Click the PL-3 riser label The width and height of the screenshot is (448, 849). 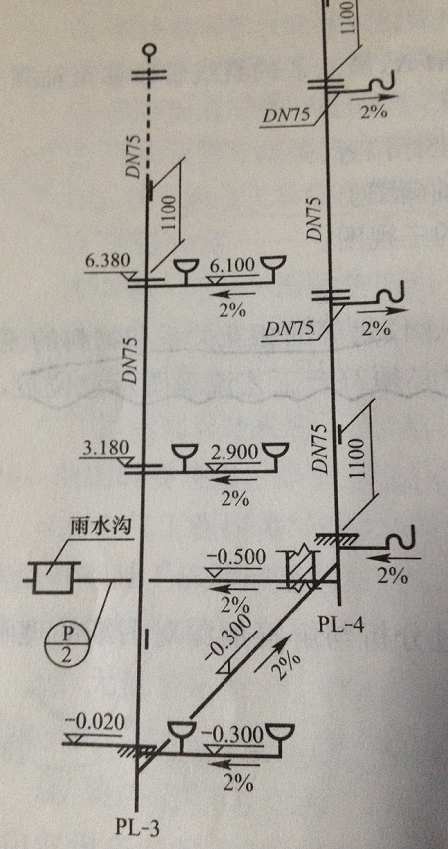[138, 828]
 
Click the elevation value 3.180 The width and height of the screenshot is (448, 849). [106, 449]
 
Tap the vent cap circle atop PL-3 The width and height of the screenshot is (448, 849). [150, 52]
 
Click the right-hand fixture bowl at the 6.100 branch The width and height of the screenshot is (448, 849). [273, 265]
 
